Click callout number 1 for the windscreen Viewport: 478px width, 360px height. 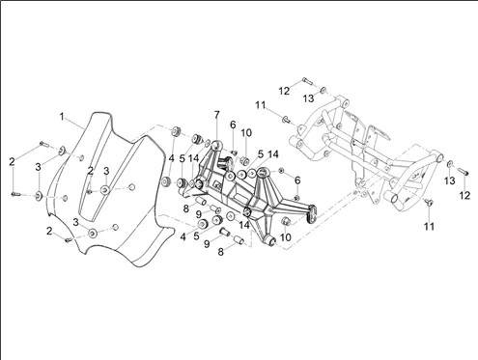click(x=62, y=117)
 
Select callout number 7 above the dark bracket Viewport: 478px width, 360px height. click(x=216, y=115)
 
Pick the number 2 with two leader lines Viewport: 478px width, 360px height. click(x=12, y=161)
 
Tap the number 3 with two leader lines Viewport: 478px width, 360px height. click(x=39, y=167)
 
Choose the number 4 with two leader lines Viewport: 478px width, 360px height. click(x=172, y=158)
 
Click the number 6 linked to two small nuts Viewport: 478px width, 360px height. click(x=297, y=180)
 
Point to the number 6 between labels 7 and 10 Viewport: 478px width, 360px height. click(x=233, y=125)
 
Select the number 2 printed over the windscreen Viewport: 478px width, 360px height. click(x=91, y=171)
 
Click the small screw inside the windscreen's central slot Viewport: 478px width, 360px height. click(x=90, y=192)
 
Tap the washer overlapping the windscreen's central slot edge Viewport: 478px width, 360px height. click(x=104, y=190)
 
